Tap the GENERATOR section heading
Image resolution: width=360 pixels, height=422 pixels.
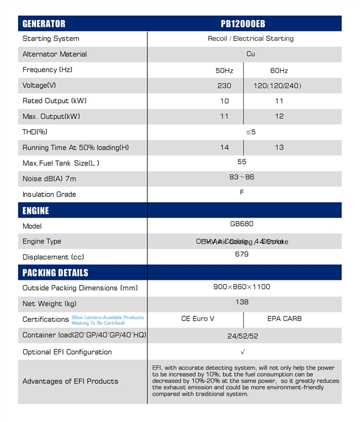pyautogui.click(x=44, y=24)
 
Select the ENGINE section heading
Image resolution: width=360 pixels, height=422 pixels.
pyautogui.click(x=35, y=211)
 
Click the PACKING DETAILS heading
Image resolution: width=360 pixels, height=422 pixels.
pyautogui.click(x=55, y=273)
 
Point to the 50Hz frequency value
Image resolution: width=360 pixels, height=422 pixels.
pyautogui.click(x=224, y=71)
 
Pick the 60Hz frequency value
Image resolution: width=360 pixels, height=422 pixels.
pyautogui.click(x=279, y=71)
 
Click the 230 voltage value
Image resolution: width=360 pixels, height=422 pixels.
pyautogui.click(x=224, y=86)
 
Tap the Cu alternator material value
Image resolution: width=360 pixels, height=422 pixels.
pyautogui.click(x=251, y=54)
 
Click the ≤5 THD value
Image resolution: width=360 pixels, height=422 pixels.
pyautogui.click(x=251, y=132)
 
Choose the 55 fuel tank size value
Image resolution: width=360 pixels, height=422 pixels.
pyautogui.click(x=242, y=162)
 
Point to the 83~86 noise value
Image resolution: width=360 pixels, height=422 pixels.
pyautogui.click(x=242, y=177)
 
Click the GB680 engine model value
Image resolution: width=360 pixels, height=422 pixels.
pyautogui.click(x=242, y=224)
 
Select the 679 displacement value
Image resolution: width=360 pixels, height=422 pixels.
pyautogui.click(x=242, y=254)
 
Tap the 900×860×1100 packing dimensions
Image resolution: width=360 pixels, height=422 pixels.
pyautogui.click(x=242, y=287)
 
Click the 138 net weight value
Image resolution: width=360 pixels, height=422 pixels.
pyautogui.click(x=242, y=302)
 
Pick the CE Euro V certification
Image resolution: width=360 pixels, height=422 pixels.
pyautogui.click(x=198, y=319)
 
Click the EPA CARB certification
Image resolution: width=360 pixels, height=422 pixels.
pyautogui.click(x=285, y=319)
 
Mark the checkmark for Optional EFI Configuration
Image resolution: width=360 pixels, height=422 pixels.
pyautogui.click(x=242, y=352)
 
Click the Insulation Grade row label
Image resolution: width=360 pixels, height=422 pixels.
pyautogui.click(x=49, y=194)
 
